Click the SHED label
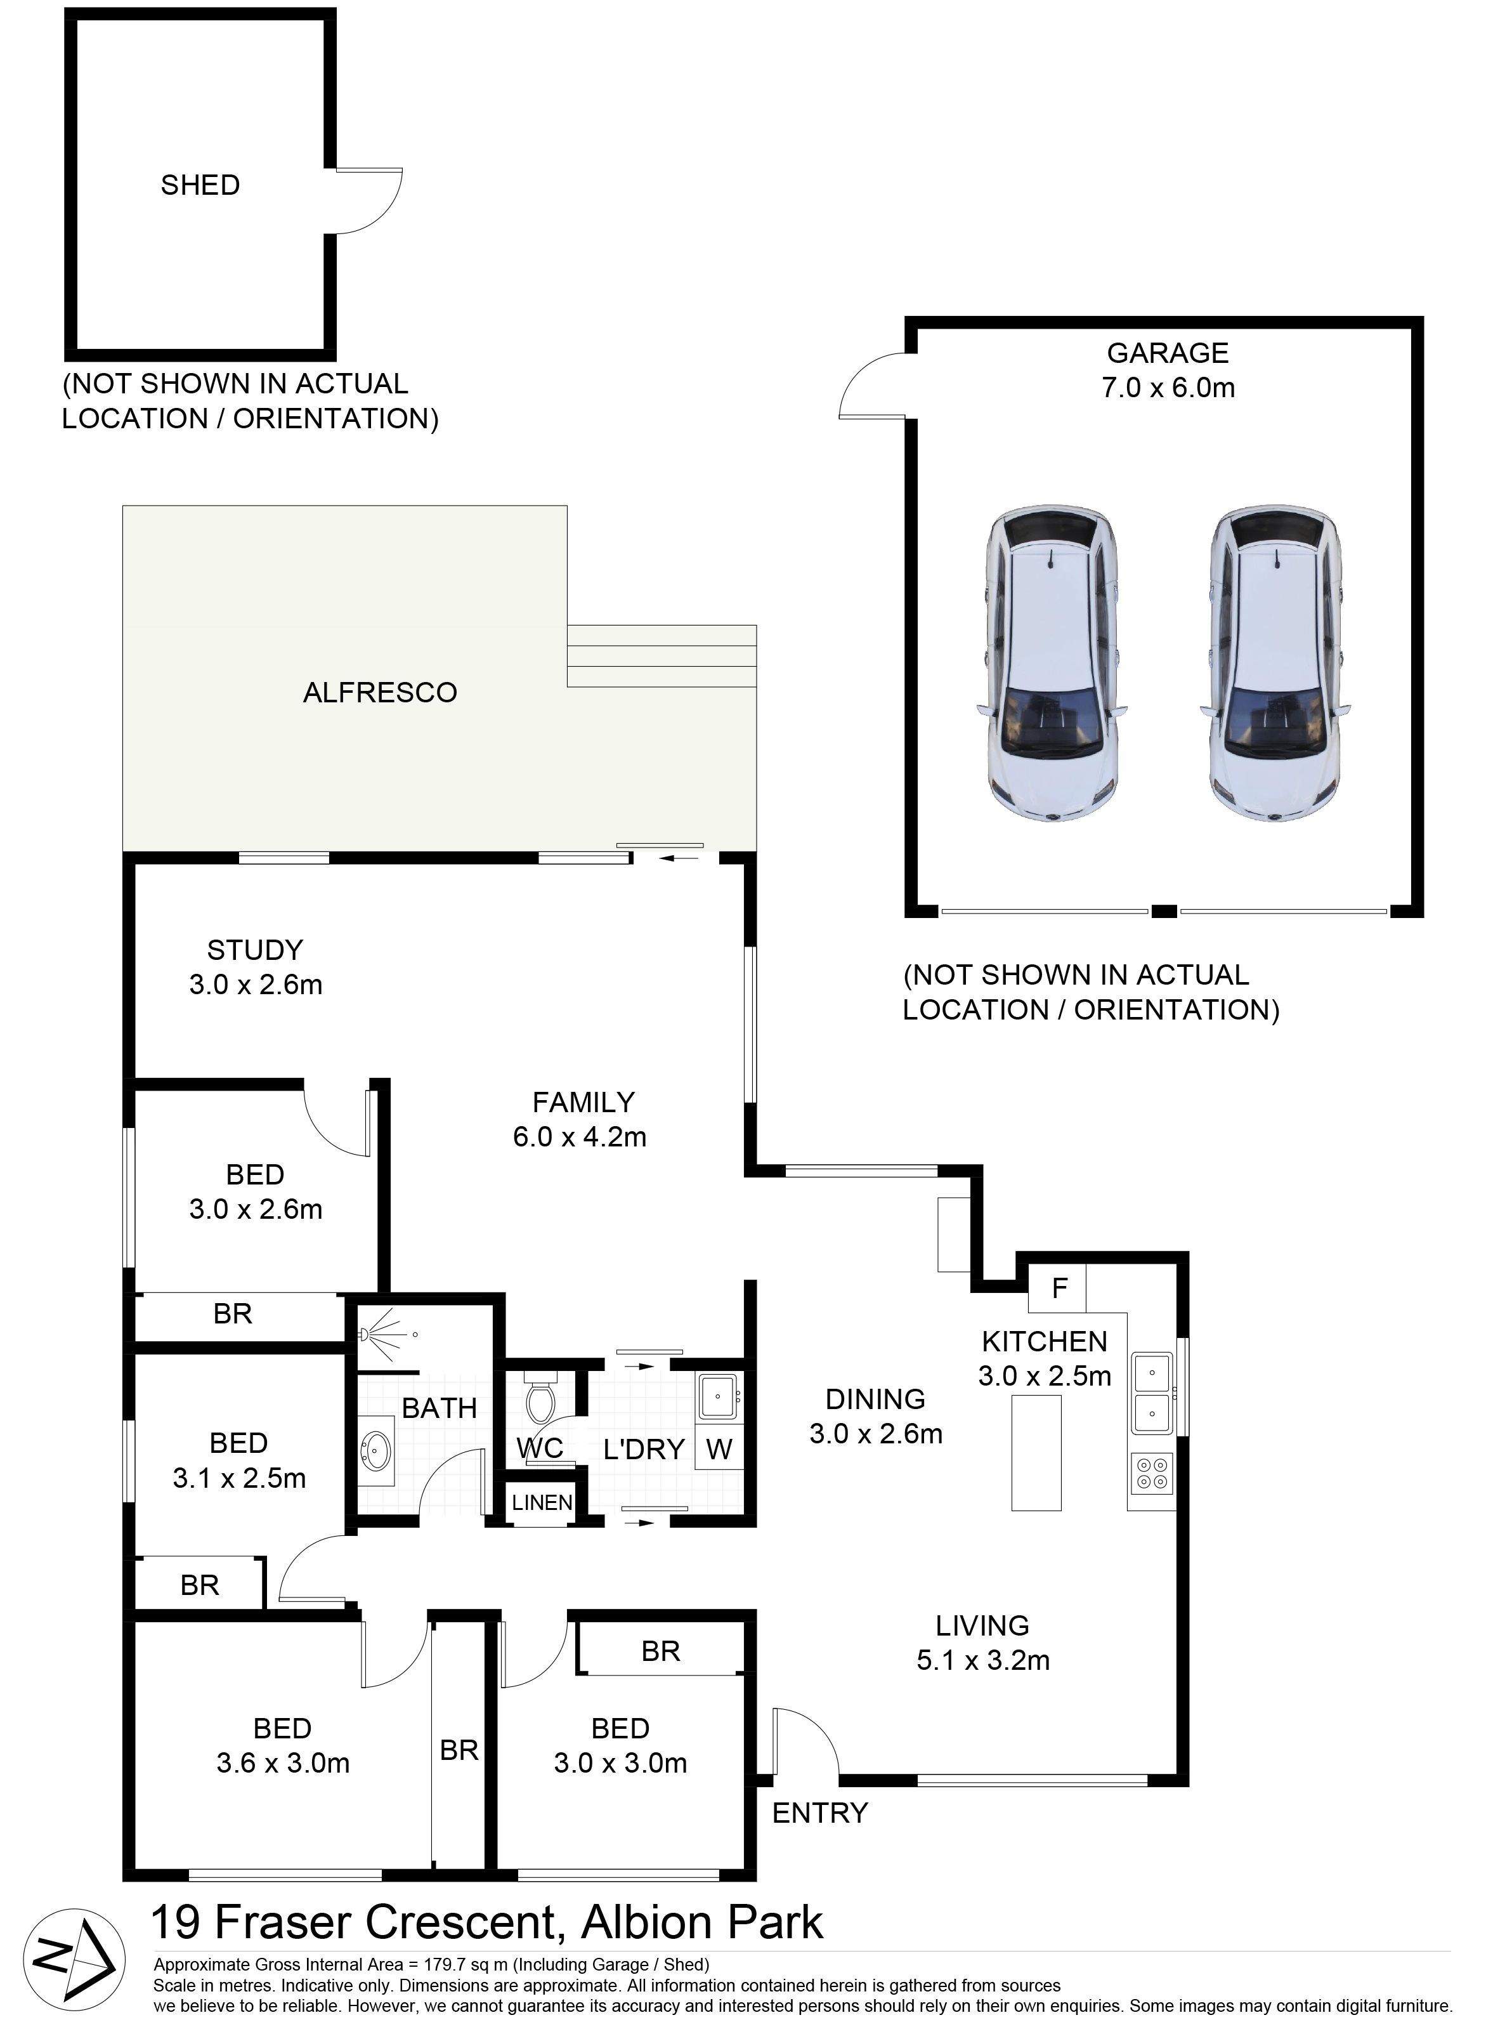200,185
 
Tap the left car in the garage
1052,665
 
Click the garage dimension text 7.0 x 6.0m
1168,388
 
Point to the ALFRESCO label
380,693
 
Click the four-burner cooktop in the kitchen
1152,1473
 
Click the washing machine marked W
719,1449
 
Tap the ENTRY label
819,1813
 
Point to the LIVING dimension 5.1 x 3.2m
983,1660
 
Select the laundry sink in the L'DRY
719,1397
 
